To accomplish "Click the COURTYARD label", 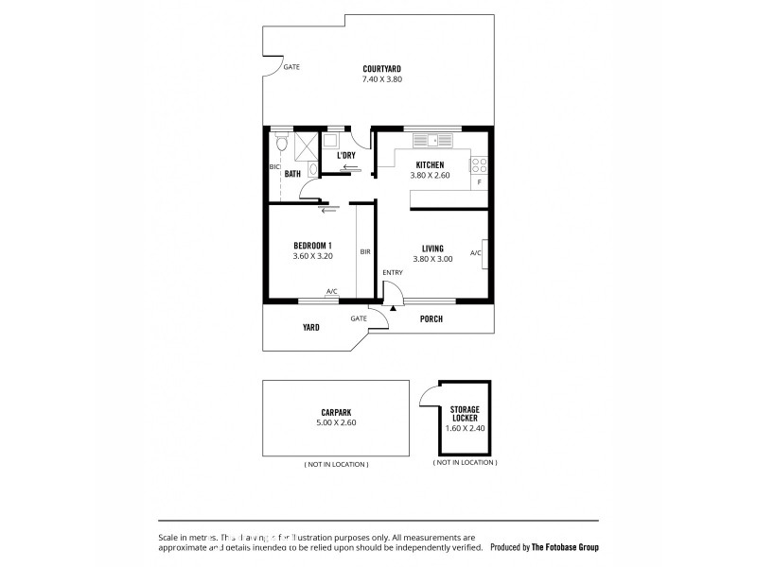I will (381, 68).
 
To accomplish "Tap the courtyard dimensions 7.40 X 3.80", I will (381, 79).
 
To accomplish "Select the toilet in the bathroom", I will (281, 143).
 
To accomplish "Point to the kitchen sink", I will (436, 142).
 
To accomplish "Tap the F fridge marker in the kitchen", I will (480, 181).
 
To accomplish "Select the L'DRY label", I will (345, 155).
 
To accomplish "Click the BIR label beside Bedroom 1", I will (365, 251).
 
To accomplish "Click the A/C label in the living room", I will (475, 253).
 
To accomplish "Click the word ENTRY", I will (393, 273).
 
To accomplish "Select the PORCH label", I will (431, 319).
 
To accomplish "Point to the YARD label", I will (311, 328).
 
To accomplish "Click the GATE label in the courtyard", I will (291, 68).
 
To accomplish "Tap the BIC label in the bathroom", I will (273, 167).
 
